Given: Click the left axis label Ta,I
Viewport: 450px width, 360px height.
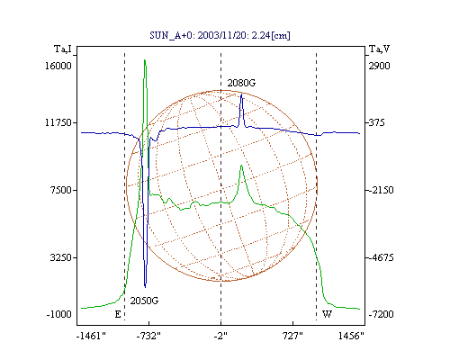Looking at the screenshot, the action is [x=63, y=49].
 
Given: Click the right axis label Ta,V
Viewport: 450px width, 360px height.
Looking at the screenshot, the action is [x=379, y=49].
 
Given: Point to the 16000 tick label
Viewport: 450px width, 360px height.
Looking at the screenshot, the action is [x=58, y=66].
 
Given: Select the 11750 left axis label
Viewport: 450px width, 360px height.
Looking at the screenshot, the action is [x=58, y=122].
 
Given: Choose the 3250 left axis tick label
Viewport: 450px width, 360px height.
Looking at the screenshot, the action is [x=61, y=257].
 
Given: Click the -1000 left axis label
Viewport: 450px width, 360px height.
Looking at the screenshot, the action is [x=59, y=314].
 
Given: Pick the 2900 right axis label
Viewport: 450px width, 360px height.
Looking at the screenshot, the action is [x=379, y=66].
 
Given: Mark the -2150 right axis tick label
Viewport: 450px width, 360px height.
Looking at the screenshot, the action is [x=381, y=190].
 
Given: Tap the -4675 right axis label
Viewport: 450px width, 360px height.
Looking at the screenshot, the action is [x=381, y=257].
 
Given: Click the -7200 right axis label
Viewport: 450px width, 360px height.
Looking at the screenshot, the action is [x=381, y=314].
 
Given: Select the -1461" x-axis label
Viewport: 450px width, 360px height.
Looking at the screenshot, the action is [x=92, y=336].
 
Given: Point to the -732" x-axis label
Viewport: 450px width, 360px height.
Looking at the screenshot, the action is [x=148, y=336].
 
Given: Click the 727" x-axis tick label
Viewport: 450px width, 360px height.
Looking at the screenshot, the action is [x=292, y=336].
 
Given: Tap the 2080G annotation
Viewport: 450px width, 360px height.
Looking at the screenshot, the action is [x=241, y=83].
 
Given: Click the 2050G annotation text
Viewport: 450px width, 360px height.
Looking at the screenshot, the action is [x=144, y=301].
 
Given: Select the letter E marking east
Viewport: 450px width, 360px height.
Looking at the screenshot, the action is [x=118, y=314].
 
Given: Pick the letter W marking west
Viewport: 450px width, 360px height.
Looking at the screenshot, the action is [x=327, y=314].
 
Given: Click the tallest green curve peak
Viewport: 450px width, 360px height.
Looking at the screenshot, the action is [x=145, y=60].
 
